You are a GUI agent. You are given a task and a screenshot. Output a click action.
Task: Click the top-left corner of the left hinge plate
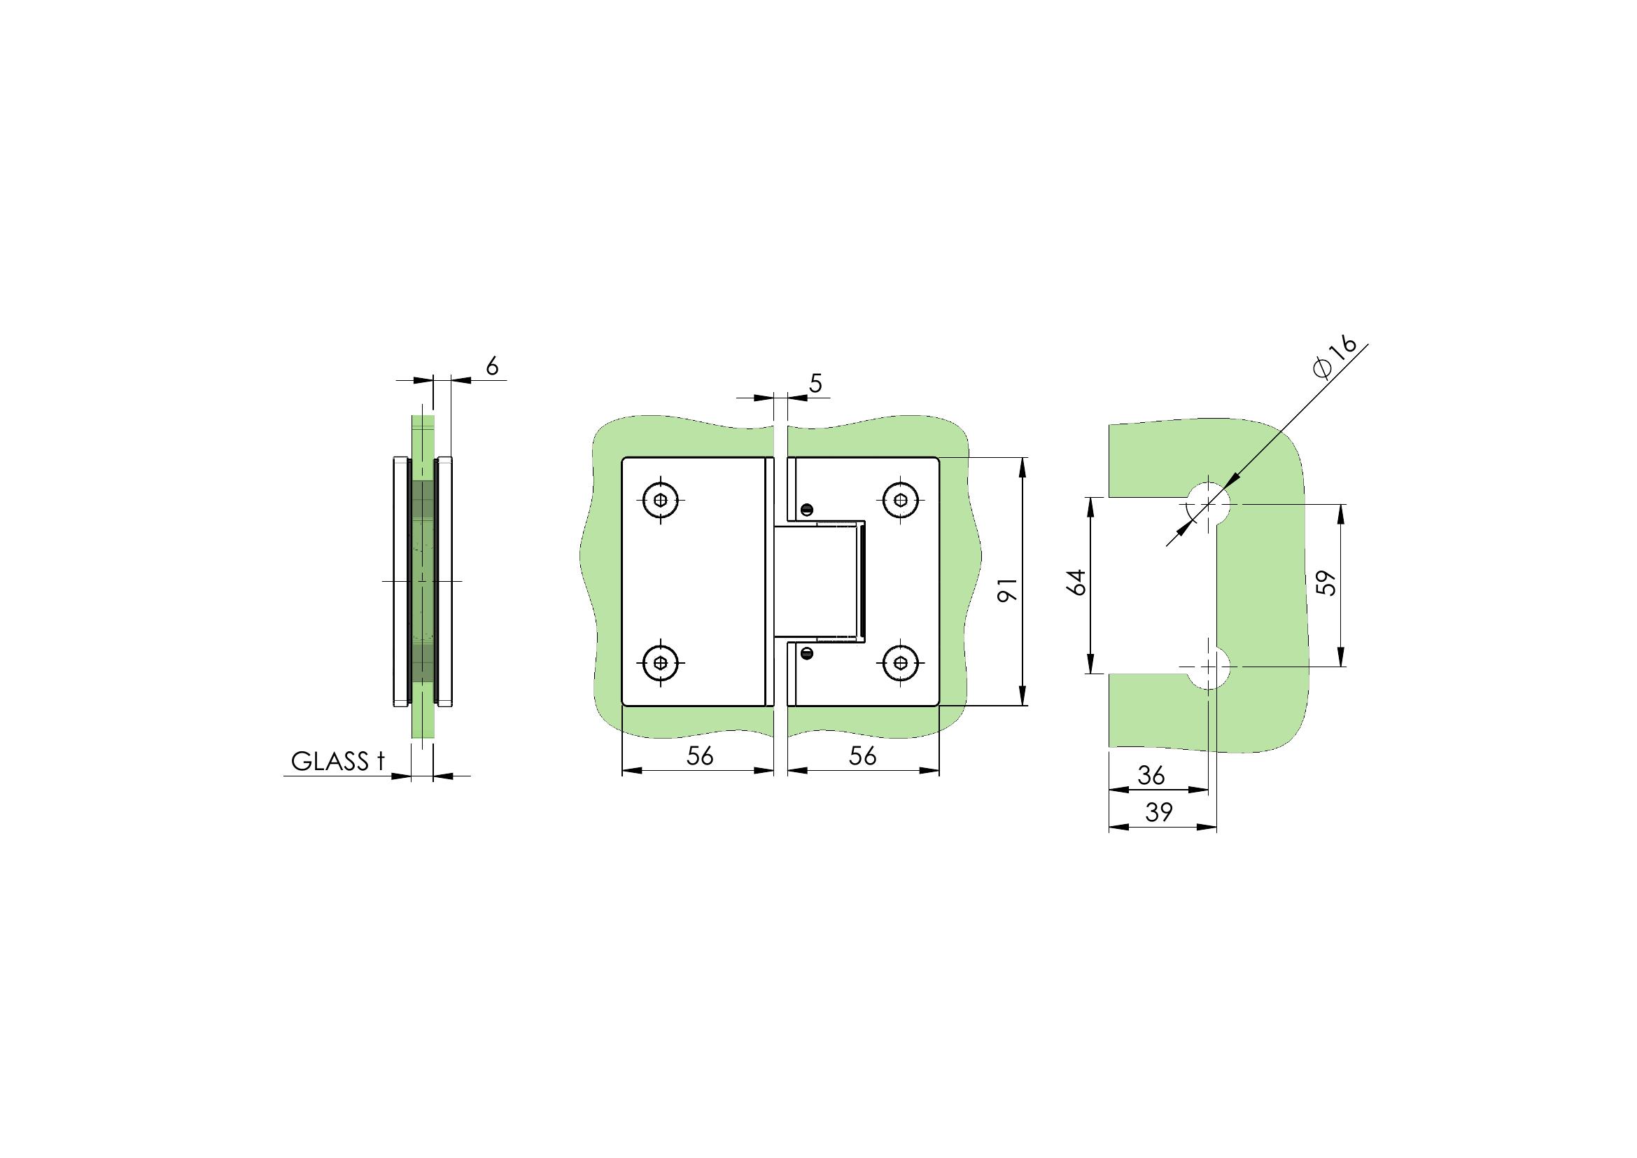(622, 457)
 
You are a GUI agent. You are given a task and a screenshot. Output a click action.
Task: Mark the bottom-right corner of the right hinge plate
(939, 705)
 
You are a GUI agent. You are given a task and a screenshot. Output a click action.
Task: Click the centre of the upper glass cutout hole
(1209, 504)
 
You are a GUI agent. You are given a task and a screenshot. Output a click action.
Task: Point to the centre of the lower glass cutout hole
(1209, 667)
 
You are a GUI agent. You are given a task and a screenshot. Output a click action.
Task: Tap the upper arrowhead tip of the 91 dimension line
(1023, 458)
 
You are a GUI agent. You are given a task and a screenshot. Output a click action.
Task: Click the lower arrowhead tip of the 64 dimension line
(1090, 673)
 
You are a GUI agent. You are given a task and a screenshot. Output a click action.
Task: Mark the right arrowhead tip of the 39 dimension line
(1216, 827)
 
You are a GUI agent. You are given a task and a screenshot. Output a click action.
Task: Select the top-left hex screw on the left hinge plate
(661, 500)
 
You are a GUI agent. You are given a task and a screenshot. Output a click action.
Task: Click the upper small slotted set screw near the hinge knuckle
(807, 509)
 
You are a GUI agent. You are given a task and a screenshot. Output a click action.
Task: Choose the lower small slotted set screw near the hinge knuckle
(807, 652)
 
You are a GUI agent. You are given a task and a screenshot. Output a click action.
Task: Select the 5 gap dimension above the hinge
(815, 384)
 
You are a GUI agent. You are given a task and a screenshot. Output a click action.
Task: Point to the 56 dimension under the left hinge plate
(699, 756)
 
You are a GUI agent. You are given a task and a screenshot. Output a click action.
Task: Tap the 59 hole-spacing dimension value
(1326, 582)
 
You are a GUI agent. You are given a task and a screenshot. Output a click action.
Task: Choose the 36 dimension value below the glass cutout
(1151, 776)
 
